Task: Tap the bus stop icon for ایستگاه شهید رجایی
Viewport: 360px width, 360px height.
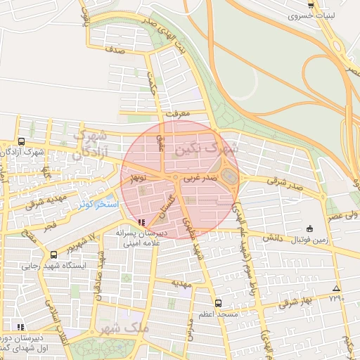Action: coord(53,255)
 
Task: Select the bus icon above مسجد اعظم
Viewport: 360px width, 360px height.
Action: coord(218,303)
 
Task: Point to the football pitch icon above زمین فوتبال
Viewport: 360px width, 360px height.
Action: coord(309,228)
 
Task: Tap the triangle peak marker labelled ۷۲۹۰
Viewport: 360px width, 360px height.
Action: coord(336,289)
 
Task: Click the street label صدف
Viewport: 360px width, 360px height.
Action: coord(117,51)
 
